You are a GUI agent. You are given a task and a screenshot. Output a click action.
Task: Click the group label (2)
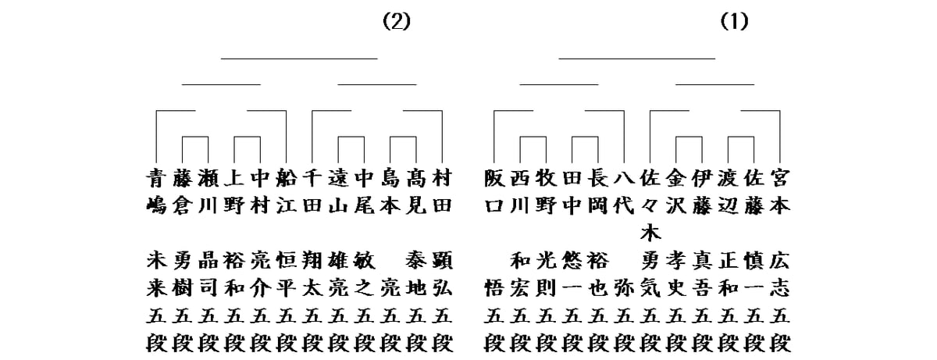(x=396, y=22)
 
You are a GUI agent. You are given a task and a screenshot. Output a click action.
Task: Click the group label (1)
(x=734, y=22)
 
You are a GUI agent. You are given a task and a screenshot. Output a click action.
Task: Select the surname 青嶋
(x=156, y=192)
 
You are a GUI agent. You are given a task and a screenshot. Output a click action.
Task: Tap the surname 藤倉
(x=183, y=192)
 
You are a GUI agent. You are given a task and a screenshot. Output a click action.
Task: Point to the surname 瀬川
(x=208, y=192)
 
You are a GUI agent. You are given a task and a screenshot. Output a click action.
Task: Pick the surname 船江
(x=286, y=192)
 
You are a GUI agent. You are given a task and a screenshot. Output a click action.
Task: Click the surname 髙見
(x=415, y=192)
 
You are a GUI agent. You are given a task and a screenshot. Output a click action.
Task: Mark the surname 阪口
(x=494, y=192)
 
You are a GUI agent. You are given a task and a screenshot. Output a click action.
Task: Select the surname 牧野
(x=546, y=192)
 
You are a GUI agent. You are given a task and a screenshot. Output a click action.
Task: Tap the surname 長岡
(x=597, y=192)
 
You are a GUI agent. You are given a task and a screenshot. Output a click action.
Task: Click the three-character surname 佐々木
(x=650, y=205)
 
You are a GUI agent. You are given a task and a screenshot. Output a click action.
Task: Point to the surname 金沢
(x=675, y=192)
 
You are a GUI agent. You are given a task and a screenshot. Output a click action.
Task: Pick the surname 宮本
(x=779, y=192)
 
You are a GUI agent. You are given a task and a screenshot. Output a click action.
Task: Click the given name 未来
(x=156, y=273)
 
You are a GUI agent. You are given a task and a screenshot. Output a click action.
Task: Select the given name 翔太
(x=312, y=273)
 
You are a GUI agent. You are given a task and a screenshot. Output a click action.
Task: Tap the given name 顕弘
(x=441, y=273)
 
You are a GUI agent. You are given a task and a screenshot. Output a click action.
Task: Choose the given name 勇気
(x=650, y=273)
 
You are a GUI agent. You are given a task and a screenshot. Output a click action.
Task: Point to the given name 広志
(x=779, y=273)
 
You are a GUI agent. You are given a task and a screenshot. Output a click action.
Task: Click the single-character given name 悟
(x=494, y=286)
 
